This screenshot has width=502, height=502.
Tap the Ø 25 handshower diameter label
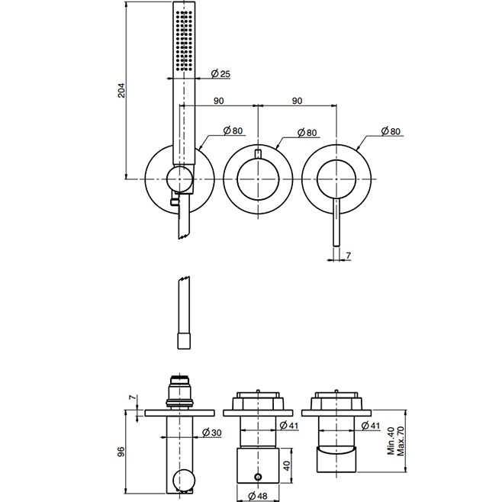point(220,73)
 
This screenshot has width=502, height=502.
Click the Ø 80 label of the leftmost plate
point(233,131)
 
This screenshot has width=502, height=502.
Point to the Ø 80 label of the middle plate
point(306,132)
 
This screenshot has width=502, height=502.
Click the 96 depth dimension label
point(119,451)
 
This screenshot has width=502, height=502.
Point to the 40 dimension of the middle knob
point(287,465)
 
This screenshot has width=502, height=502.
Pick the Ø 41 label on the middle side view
point(288,425)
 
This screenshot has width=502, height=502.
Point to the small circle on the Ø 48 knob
point(257,477)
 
